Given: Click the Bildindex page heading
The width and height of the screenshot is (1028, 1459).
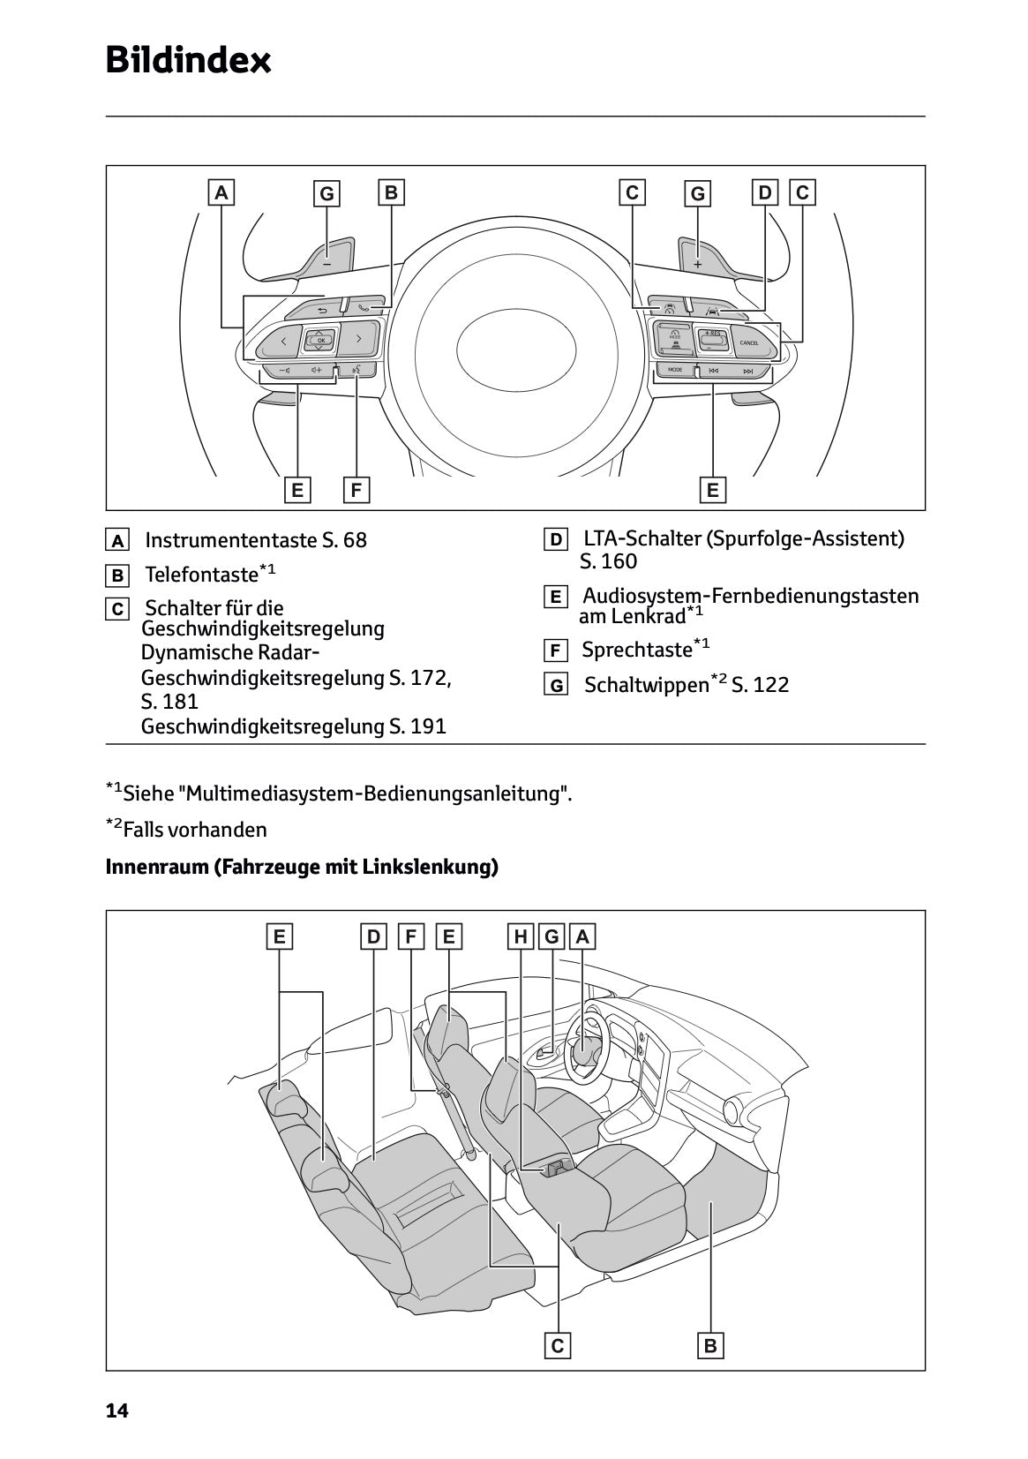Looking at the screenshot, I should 188,61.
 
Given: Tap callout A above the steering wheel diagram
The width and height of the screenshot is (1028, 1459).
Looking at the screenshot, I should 221,192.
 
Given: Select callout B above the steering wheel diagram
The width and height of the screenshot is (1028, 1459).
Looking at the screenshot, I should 391,192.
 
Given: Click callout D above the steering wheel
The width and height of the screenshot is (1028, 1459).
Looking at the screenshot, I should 765,192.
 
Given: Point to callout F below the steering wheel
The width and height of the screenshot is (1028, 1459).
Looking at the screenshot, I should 356,490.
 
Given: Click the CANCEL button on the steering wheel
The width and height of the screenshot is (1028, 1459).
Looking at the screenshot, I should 748,342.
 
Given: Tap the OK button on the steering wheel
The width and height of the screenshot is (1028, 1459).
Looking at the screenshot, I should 320,340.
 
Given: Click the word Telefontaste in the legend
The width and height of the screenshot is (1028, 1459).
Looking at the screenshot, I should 201,575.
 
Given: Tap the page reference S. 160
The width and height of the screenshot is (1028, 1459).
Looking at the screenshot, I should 608,562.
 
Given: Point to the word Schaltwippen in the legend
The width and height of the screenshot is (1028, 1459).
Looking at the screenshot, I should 646,685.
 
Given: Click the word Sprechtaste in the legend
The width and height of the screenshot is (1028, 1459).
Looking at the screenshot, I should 636,651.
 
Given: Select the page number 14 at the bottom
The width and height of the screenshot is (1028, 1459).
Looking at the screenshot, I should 116,1411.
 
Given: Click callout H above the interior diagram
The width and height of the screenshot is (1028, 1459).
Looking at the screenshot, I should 521,936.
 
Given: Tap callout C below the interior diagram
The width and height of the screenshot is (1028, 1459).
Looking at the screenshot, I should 557,1346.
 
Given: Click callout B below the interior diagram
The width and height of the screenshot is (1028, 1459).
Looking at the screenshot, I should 710,1346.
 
